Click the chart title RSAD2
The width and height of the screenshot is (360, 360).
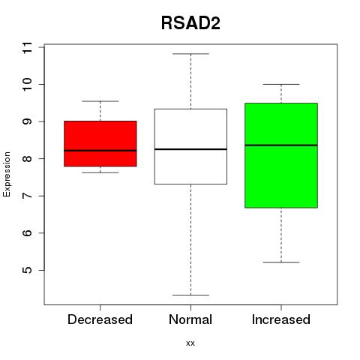pyautogui.click(x=190, y=23)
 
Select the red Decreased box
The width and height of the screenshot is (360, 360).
pyautogui.click(x=100, y=143)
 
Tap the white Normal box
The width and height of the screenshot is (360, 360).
pyautogui.click(x=190, y=146)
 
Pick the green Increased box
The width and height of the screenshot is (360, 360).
pyautogui.click(x=281, y=155)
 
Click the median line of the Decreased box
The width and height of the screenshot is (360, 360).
pyautogui.click(x=100, y=151)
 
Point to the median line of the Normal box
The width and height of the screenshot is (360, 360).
pyautogui.click(x=190, y=149)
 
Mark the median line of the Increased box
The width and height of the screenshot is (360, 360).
pyautogui.click(x=281, y=145)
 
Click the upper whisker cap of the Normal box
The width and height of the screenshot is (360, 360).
pyautogui.click(x=190, y=54)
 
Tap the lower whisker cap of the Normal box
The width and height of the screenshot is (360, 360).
pyautogui.click(x=190, y=295)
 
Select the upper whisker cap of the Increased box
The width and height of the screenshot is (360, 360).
pyautogui.click(x=281, y=84)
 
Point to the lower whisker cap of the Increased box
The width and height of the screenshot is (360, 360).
pyautogui.click(x=281, y=262)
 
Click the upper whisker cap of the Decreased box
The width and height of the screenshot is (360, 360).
pyautogui.click(x=100, y=101)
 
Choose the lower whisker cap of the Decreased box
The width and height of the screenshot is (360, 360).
pyautogui.click(x=100, y=172)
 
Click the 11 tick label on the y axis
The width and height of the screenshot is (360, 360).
pyautogui.click(x=27, y=47)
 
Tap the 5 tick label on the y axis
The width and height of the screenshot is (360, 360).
pyautogui.click(x=27, y=270)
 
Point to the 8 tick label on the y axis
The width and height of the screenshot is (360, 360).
pyautogui.click(x=27, y=159)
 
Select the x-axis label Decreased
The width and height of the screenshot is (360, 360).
pyautogui.click(x=100, y=319)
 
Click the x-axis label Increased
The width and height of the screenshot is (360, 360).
pyautogui.click(x=281, y=319)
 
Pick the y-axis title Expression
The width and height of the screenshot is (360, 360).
pyautogui.click(x=7, y=174)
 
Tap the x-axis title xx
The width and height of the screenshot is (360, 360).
pyautogui.click(x=190, y=343)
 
